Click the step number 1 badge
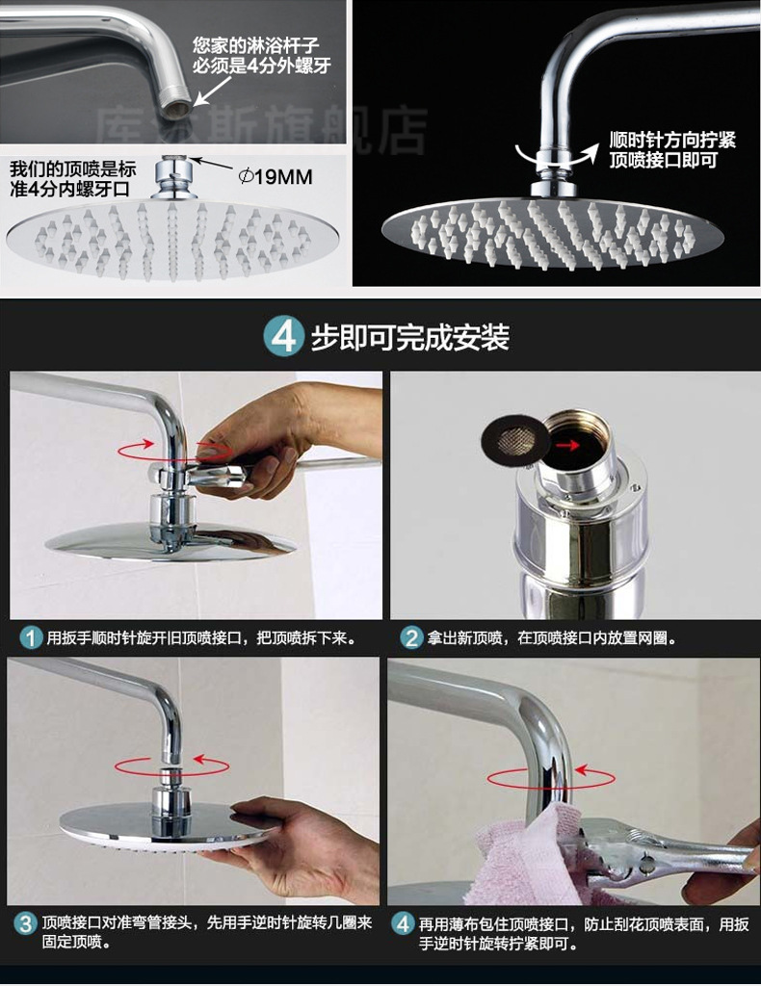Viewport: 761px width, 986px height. point(31,637)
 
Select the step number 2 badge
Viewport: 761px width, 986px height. point(412,637)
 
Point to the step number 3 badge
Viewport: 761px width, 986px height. point(26,923)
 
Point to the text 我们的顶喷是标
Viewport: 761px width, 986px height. point(73,168)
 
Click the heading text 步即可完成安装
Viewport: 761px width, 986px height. point(409,338)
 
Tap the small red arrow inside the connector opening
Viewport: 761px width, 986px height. point(573,445)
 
